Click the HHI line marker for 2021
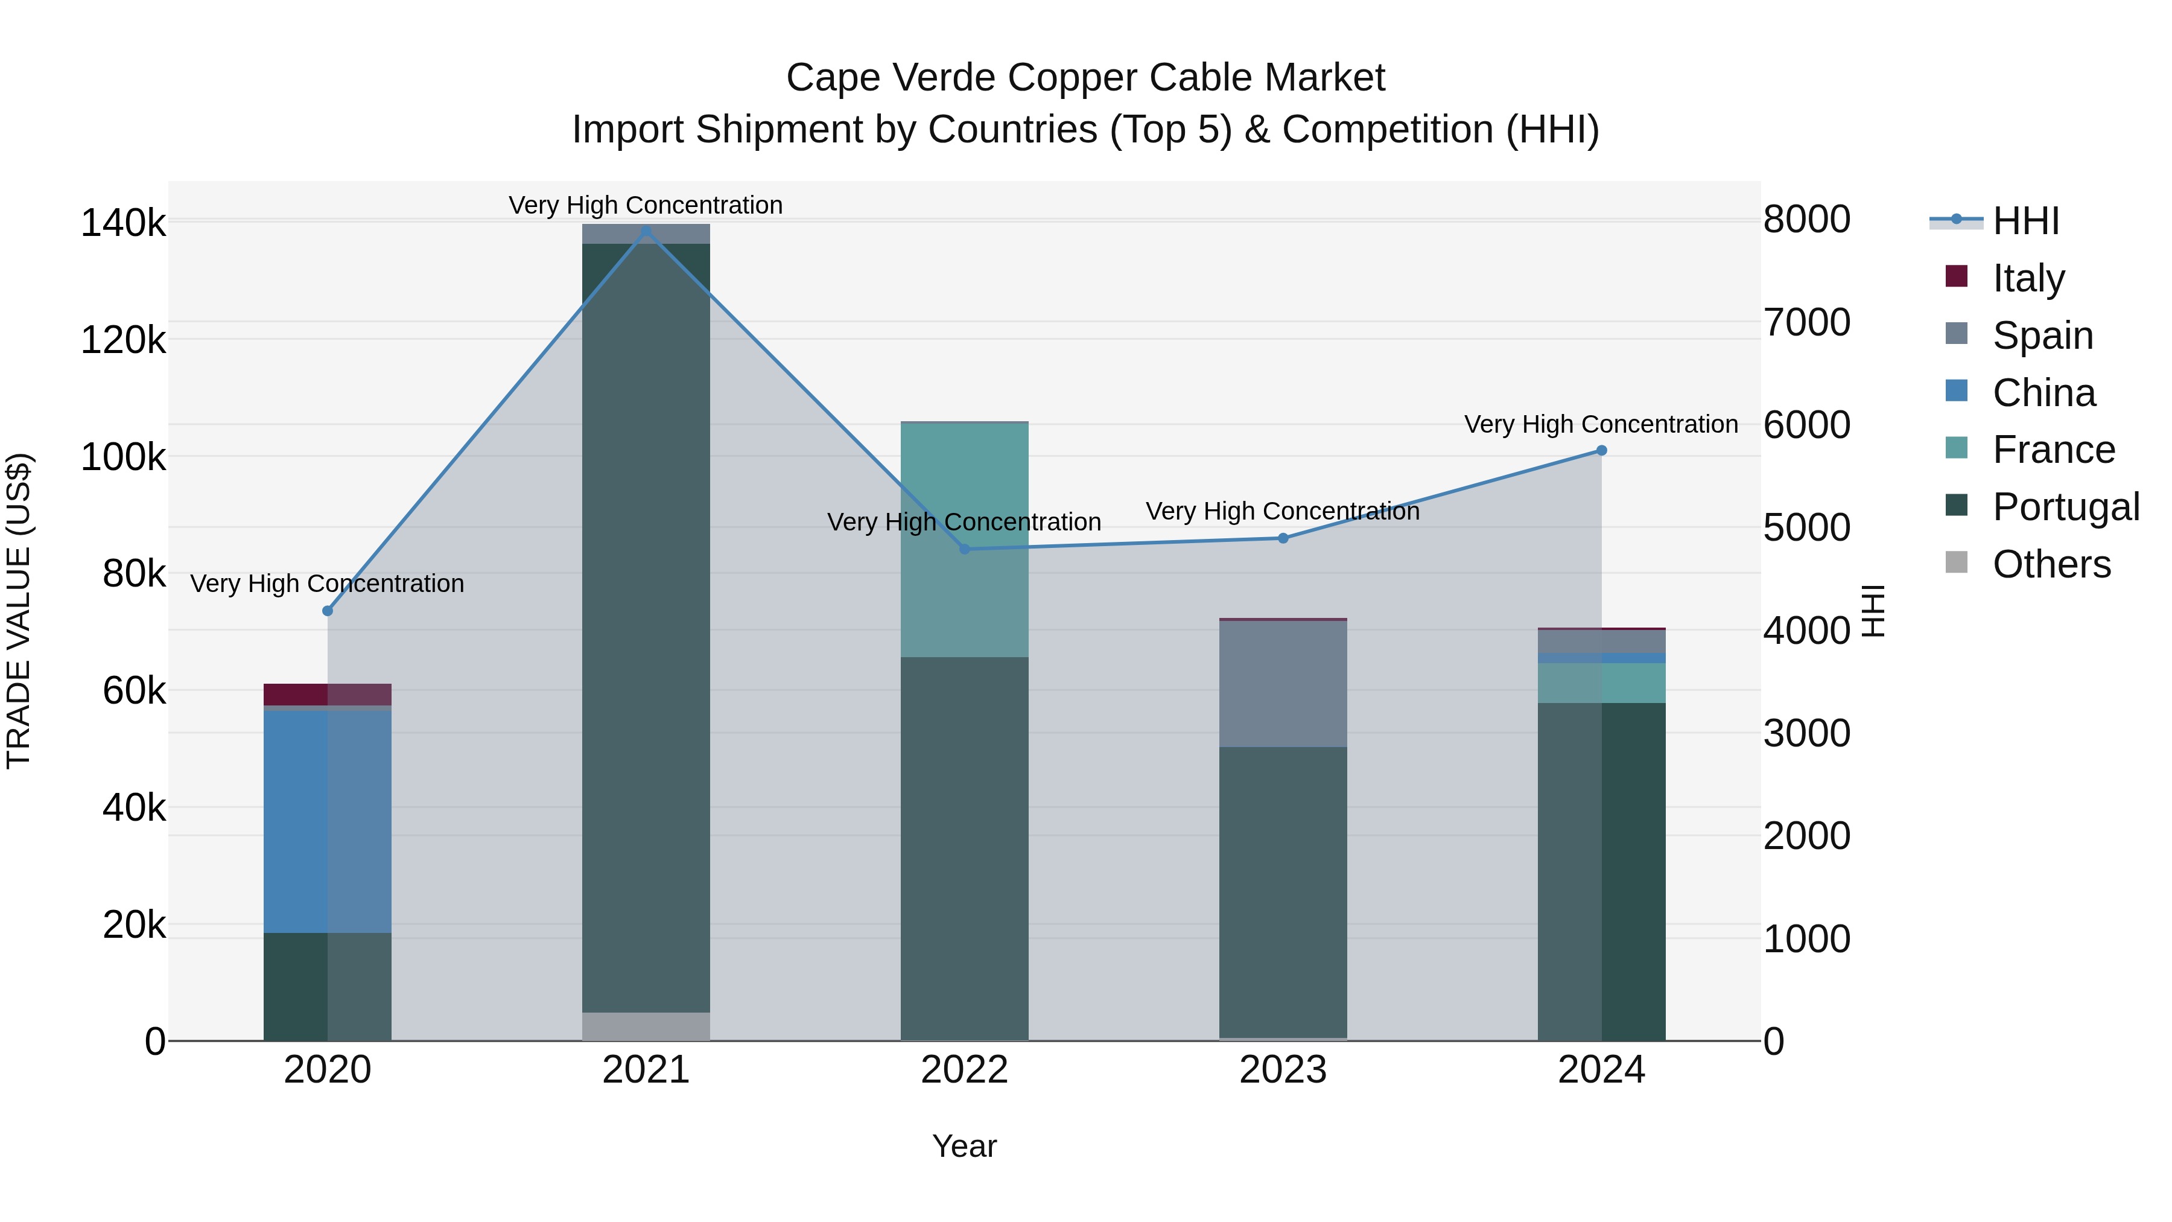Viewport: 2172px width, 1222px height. pos(646,231)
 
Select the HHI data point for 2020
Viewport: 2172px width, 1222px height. pos(328,611)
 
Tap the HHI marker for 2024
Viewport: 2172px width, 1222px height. pos(1601,450)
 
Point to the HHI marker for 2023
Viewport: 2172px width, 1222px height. pos(1283,538)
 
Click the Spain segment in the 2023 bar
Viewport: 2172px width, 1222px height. pos(1283,683)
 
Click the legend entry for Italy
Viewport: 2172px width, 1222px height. pos(2027,278)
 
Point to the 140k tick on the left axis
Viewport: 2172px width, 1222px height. pos(123,224)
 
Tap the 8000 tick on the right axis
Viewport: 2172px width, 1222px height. pos(1806,219)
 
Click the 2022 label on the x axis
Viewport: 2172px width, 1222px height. pos(965,1070)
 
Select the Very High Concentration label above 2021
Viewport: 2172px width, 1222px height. pos(646,205)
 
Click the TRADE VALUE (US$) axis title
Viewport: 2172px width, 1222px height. pos(19,611)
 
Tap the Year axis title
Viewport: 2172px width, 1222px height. pos(965,1146)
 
